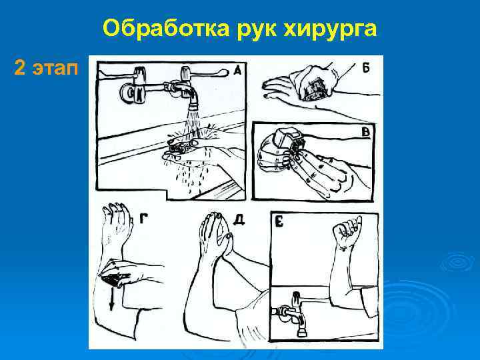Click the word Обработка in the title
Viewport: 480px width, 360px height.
tap(166, 28)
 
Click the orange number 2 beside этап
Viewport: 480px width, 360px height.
tap(19, 67)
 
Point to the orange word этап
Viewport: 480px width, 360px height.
tap(55, 69)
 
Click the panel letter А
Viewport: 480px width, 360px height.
tap(237, 71)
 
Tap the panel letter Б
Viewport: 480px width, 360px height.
tap(366, 67)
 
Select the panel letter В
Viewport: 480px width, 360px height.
tap(365, 133)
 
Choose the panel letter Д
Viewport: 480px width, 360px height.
tap(239, 219)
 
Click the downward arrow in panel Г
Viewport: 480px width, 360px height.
tap(112, 299)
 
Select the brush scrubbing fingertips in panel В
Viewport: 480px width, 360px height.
tap(289, 139)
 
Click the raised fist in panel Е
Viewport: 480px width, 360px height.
tap(347, 231)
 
